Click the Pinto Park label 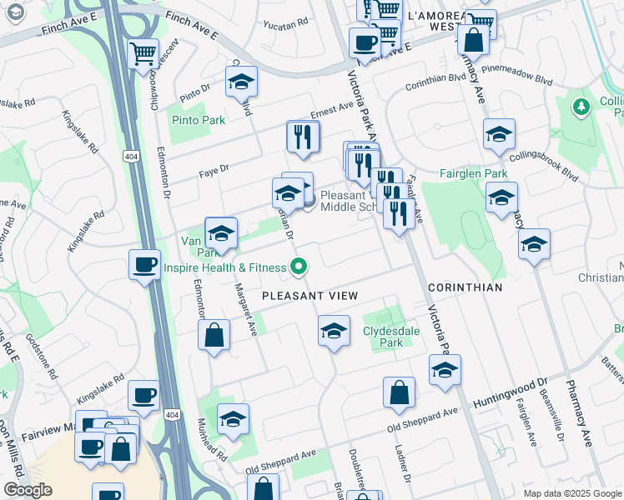[198, 120]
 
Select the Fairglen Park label [473, 174]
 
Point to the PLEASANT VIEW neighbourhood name [309, 296]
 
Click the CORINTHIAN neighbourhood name [465, 287]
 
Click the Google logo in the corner [28, 490]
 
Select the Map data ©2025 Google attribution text [572, 493]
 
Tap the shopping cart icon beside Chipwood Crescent [143, 54]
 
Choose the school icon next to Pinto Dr [241, 82]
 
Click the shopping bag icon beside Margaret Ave [214, 336]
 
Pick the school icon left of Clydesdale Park [334, 331]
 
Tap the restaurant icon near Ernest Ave [304, 136]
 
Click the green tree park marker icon [581, 107]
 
